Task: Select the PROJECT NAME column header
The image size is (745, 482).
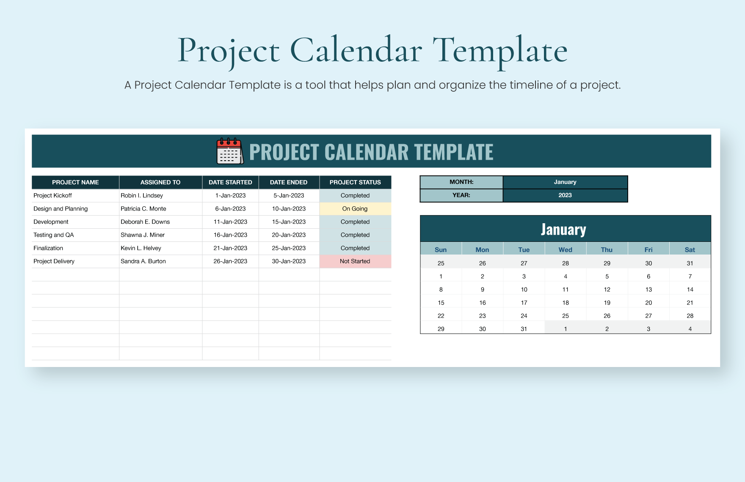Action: [x=75, y=182]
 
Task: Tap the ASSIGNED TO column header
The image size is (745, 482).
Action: [x=160, y=182]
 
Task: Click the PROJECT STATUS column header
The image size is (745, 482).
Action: [x=355, y=182]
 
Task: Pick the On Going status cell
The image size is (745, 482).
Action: [x=355, y=209]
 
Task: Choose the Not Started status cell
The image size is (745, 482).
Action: [x=355, y=261]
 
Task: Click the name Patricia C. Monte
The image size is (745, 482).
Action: [x=143, y=209]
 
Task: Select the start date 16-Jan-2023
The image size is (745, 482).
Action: [x=230, y=235]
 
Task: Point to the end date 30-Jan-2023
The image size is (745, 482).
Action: [x=289, y=261]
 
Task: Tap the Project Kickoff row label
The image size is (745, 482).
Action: [x=53, y=196]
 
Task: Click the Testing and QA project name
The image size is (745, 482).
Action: [x=54, y=235]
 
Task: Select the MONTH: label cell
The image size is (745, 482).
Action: [x=461, y=182]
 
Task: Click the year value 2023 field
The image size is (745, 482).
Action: [x=565, y=195]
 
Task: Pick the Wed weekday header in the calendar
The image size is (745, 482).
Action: [x=566, y=250]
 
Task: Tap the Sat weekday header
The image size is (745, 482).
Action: [x=690, y=250]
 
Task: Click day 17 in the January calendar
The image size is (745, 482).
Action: [x=524, y=303]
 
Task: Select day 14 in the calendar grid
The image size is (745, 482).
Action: [x=690, y=290]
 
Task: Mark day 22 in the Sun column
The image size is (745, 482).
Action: [x=441, y=316]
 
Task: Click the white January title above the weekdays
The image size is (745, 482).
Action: [x=563, y=230]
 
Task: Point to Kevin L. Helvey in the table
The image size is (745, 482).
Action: [x=141, y=248]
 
